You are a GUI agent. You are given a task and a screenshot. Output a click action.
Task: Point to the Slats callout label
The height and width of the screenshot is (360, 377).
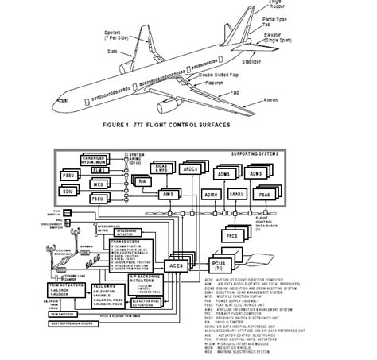click(113, 49)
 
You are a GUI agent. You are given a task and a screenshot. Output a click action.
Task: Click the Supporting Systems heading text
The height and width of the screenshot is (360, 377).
click(268, 153)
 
